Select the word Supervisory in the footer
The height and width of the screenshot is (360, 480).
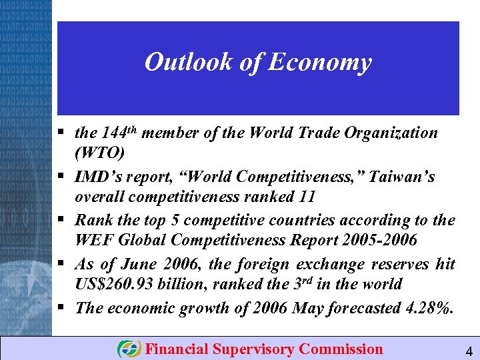click(255, 349)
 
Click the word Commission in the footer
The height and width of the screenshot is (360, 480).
click(341, 349)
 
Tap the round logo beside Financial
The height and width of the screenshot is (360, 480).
click(129, 349)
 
